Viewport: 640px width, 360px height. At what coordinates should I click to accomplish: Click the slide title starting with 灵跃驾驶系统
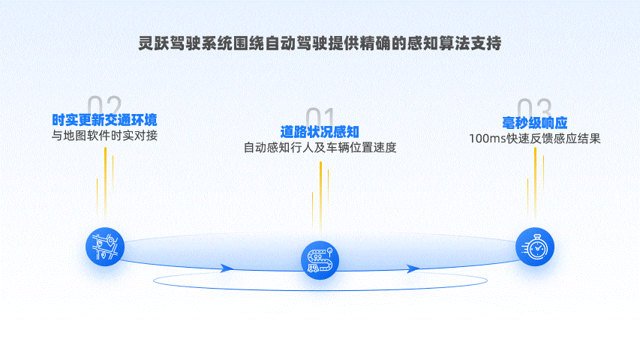(320, 42)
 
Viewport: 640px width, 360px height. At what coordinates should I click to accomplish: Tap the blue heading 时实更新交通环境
(104, 121)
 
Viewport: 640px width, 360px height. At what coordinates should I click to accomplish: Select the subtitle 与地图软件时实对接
(104, 136)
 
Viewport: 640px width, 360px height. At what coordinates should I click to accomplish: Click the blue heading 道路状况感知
(320, 132)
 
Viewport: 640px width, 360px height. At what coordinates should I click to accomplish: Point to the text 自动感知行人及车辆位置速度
(320, 147)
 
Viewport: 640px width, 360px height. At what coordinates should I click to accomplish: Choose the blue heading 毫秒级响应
(534, 122)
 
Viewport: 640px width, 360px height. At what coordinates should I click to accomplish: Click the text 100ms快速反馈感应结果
(534, 138)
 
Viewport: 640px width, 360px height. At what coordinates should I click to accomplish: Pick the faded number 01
(320, 118)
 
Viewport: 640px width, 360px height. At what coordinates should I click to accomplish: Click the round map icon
(104, 245)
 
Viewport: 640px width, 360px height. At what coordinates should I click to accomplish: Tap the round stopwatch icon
(535, 247)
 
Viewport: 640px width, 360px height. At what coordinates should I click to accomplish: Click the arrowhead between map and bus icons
(227, 268)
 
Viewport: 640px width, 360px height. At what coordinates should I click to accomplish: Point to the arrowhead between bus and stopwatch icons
(413, 268)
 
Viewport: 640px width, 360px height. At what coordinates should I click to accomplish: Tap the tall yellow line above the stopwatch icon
(535, 184)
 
